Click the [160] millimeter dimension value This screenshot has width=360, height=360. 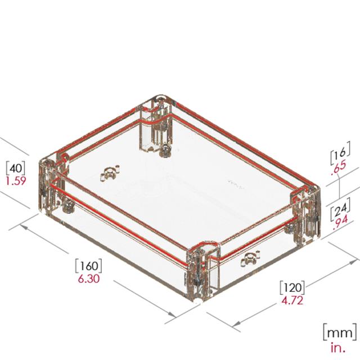click(89, 266)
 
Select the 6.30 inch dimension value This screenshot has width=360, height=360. click(89, 279)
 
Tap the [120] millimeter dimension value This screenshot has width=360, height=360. click(292, 287)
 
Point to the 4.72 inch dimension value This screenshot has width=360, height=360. click(292, 300)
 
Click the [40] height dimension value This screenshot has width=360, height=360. click(16, 168)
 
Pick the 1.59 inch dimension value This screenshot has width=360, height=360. click(16, 181)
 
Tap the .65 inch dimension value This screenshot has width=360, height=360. click(339, 167)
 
